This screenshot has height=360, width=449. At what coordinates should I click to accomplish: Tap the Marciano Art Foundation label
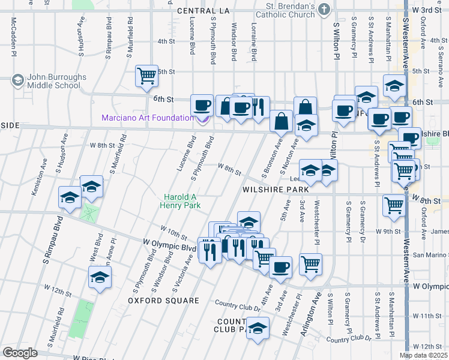(x=148, y=118)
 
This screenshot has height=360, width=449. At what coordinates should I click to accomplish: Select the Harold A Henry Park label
(x=184, y=200)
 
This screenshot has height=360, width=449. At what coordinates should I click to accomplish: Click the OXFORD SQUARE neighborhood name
(x=163, y=299)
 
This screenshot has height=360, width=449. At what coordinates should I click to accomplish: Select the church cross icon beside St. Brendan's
(x=324, y=9)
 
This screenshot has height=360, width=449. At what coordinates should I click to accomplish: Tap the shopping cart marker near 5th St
(x=146, y=76)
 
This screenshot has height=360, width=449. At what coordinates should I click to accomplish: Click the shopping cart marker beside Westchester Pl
(x=310, y=263)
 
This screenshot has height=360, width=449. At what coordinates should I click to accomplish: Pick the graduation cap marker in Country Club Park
(x=258, y=328)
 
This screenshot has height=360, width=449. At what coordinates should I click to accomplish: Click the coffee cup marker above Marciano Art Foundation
(x=202, y=105)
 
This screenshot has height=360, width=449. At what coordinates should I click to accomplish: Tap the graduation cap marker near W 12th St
(x=100, y=277)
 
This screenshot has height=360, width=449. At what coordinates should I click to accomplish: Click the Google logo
(x=20, y=353)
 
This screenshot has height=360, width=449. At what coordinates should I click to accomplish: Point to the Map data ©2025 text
(x=423, y=355)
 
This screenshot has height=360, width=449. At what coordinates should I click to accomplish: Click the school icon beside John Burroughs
(x=18, y=80)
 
